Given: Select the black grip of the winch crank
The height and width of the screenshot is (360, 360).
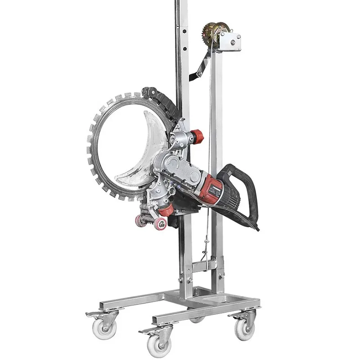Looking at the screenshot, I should point(195,75).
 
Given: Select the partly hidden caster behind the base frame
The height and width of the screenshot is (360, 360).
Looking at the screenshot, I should point(197,320).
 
